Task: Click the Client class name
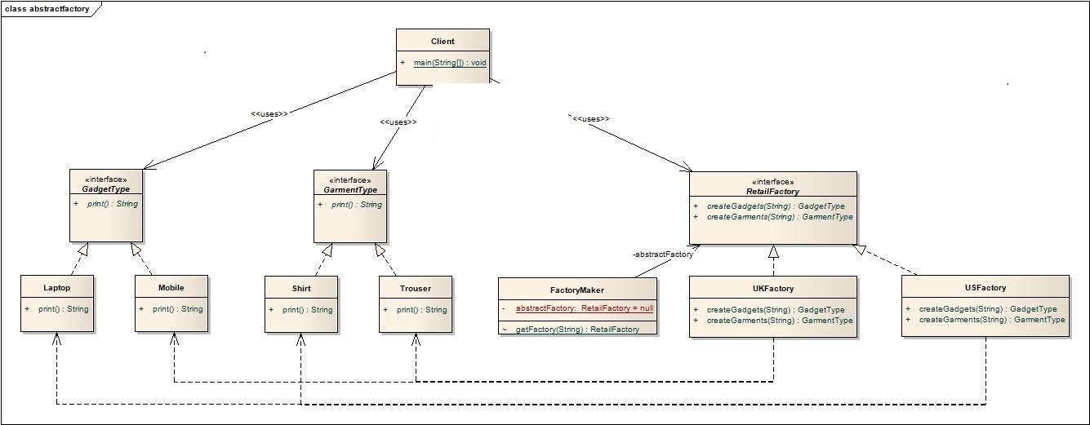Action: point(443,42)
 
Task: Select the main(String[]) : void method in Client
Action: point(450,63)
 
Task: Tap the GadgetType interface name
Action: point(106,189)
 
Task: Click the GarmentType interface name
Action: point(350,189)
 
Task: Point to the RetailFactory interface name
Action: point(772,192)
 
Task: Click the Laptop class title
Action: point(56,288)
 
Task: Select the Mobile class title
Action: point(171,288)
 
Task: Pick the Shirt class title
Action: point(300,288)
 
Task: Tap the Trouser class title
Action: point(415,288)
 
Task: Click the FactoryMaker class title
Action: point(576,290)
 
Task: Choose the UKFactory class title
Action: point(772,288)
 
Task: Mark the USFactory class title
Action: point(985,287)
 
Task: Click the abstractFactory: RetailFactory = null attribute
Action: point(584,309)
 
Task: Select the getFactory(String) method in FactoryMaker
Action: point(577,329)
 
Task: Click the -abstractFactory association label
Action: point(662,255)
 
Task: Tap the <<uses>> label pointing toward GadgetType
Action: point(269,114)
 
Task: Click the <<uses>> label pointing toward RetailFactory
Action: point(591,119)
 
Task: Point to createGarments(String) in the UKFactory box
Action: point(779,321)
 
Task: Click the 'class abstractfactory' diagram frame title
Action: point(47,9)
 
